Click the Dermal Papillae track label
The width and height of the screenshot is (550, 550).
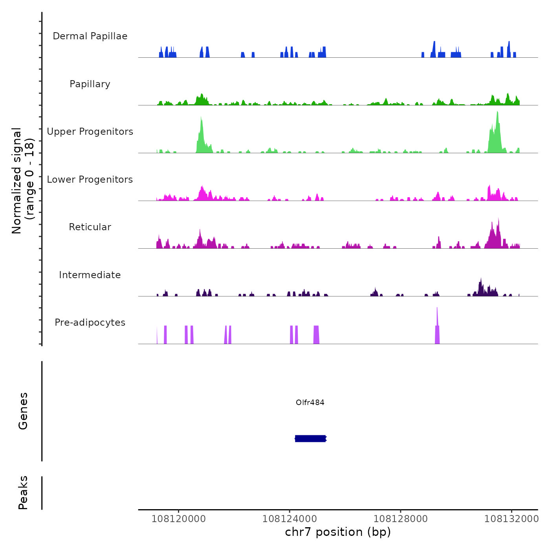coord(90,36)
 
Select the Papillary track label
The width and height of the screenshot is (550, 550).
coord(90,84)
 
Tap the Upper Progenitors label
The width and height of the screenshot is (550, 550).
coord(90,132)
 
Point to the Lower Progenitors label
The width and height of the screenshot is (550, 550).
coord(90,180)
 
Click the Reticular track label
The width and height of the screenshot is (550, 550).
coord(90,227)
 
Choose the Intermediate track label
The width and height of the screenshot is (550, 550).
coord(90,275)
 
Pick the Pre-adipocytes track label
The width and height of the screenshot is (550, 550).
coord(90,323)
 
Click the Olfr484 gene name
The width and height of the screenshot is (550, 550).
coord(310,402)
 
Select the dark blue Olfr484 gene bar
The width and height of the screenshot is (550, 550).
coord(310,438)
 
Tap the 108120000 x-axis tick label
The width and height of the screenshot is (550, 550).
coord(178,519)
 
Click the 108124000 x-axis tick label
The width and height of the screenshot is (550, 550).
coord(290,519)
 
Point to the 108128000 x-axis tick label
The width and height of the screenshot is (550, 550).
coord(400,519)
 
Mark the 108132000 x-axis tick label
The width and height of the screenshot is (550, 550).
coord(511,519)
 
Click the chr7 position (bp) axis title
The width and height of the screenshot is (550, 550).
coord(338,532)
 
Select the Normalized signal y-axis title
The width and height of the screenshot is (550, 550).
coord(23,180)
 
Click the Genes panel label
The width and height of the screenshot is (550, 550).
coord(23,411)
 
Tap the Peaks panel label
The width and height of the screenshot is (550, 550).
coord(23,493)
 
